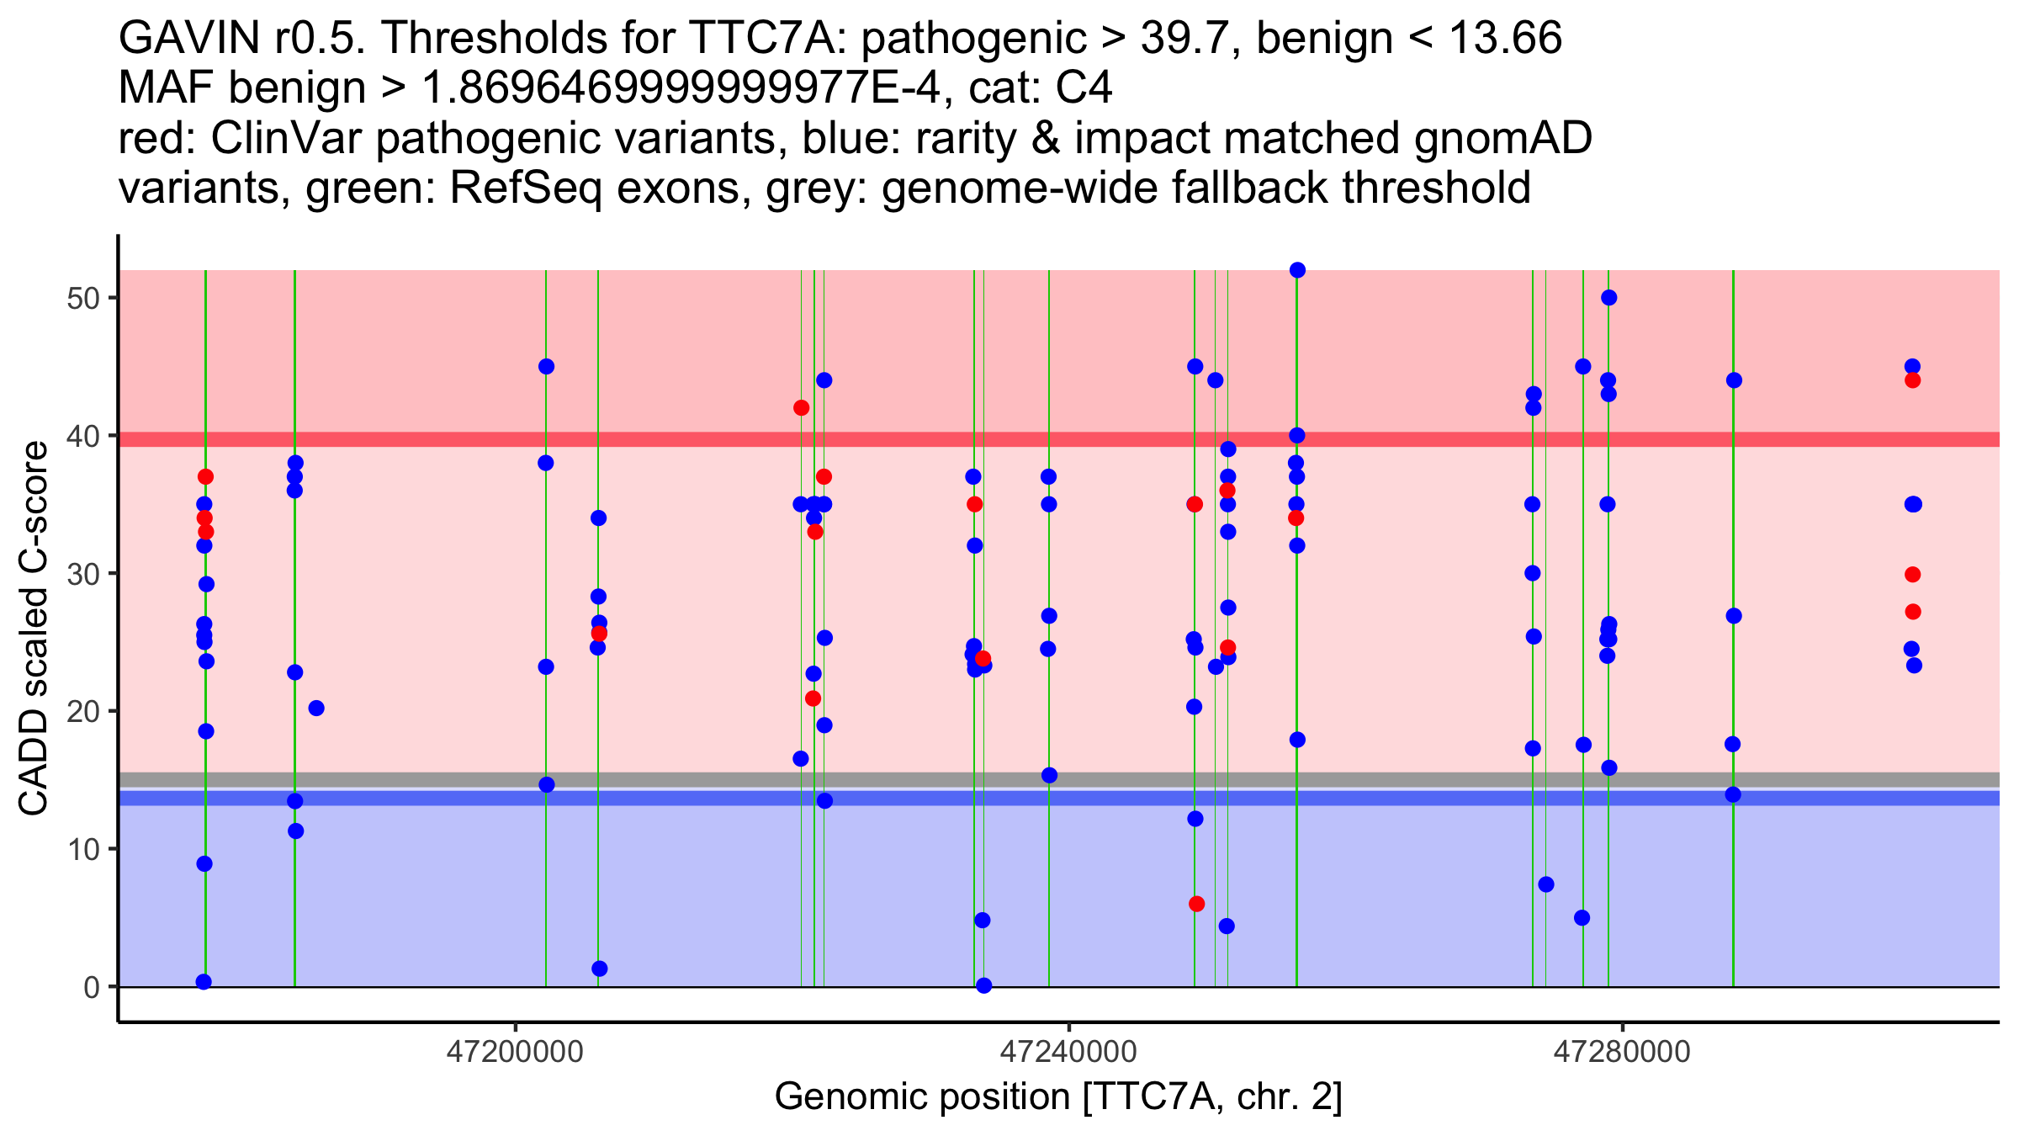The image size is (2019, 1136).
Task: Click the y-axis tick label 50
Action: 82,299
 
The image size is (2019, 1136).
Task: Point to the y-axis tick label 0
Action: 92,987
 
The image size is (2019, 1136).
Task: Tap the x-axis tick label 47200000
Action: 515,1052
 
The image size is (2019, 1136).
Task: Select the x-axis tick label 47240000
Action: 1068,1052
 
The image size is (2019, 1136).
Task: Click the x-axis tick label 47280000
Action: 1621,1052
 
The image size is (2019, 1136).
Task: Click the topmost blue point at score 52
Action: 1297,270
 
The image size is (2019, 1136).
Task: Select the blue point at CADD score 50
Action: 1608,298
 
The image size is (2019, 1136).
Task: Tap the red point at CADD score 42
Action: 801,408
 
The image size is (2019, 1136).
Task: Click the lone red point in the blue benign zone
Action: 1196,904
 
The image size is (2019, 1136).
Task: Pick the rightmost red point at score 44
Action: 1912,380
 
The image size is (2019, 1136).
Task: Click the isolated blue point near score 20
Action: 316,709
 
